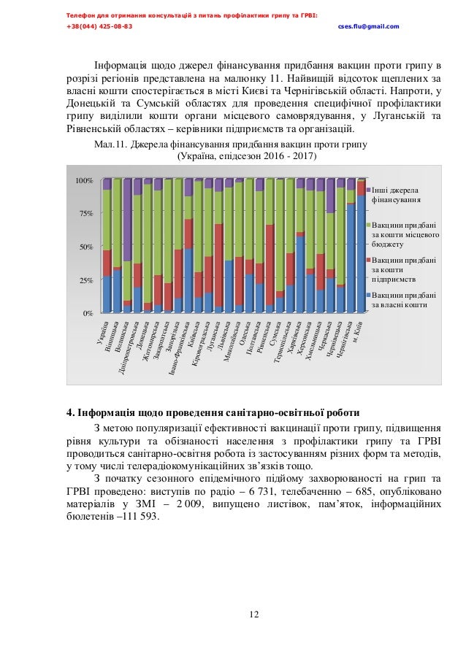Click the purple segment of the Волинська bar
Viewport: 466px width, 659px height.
pyautogui.click(x=127, y=219)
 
